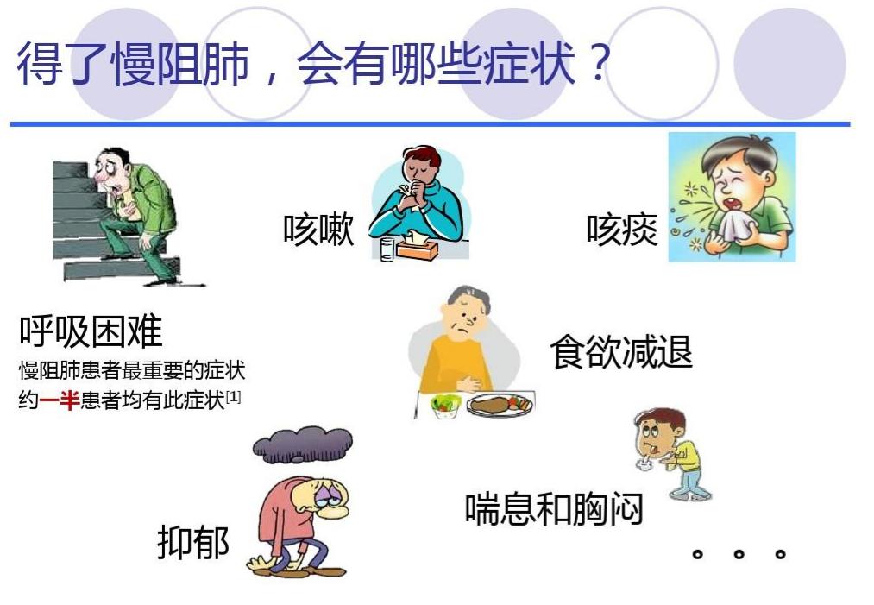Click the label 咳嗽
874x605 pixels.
pos(318,230)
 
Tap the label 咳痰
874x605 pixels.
pos(622,230)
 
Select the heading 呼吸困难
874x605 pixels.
pos(91,331)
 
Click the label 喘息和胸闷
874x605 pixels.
pos(554,508)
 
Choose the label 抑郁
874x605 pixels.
pos(193,543)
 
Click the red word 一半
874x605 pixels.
pos(60,400)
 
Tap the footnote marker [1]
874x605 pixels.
pos(233,397)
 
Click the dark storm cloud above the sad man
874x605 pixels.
pos(302,445)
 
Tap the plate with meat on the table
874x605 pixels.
pos(498,405)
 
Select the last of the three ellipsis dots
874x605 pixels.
pos(780,553)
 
